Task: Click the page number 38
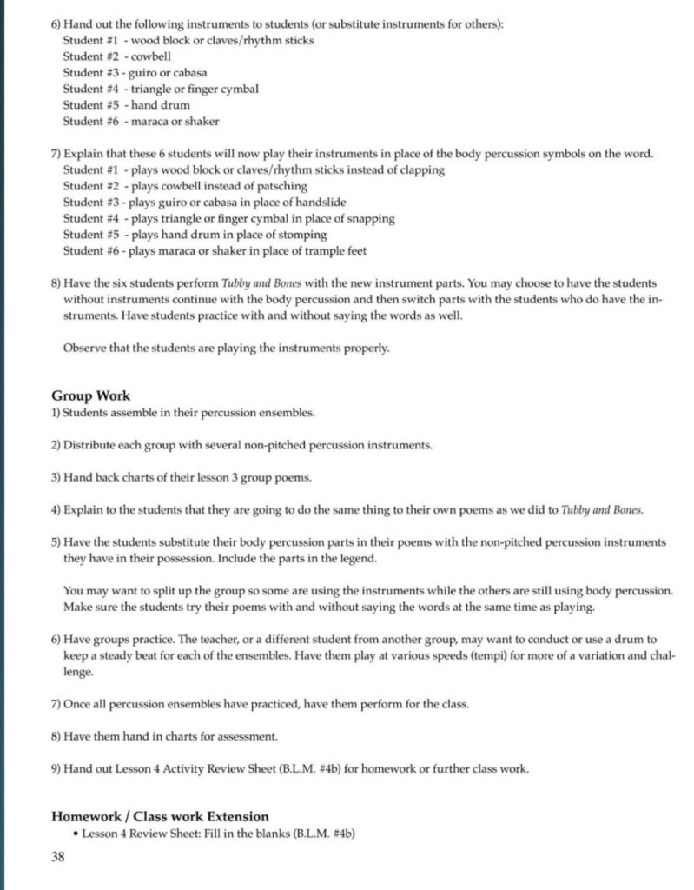(58, 857)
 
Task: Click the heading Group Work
(90, 395)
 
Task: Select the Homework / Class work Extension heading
(160, 816)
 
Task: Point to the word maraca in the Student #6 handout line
(149, 122)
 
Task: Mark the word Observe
(85, 349)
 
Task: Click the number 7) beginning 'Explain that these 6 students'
(56, 154)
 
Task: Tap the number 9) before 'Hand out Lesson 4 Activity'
(56, 768)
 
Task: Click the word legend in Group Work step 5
(359, 558)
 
